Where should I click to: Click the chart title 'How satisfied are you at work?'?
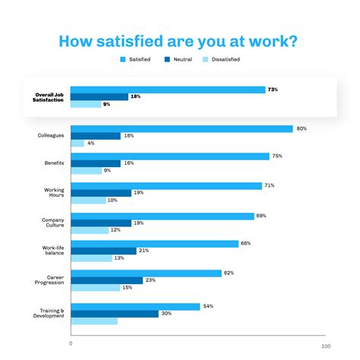pyautogui.click(x=180, y=41)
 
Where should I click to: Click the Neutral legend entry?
pyautogui.click(x=181, y=59)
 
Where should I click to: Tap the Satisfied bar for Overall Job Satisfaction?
pyautogui.click(x=168, y=90)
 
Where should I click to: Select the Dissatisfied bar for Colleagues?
pyautogui.click(x=77, y=143)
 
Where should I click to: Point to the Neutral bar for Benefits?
pyautogui.click(x=95, y=163)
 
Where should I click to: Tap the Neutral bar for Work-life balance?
pyautogui.click(x=103, y=251)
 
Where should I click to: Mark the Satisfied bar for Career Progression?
pyautogui.click(x=146, y=273)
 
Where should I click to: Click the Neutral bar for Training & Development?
pyautogui.click(x=114, y=313)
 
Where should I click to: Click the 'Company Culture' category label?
pyautogui.click(x=52, y=223)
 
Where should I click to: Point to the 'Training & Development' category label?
pyautogui.click(x=52, y=313)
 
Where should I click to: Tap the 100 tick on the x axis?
pyautogui.click(x=325, y=346)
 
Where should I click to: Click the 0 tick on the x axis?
pyautogui.click(x=71, y=343)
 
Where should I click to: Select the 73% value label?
pyautogui.click(x=272, y=90)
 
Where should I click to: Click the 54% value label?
pyautogui.click(x=207, y=306)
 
